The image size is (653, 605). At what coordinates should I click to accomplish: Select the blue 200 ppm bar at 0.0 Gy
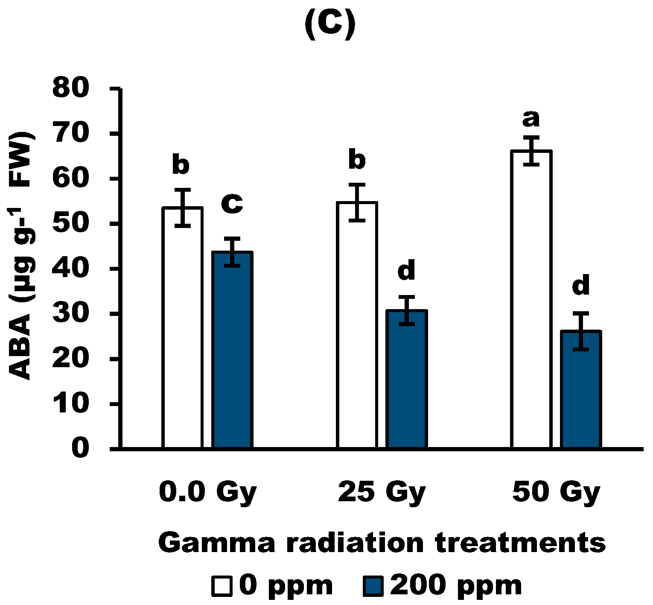tap(233, 350)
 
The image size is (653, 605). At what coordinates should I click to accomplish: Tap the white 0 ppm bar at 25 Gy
tap(357, 325)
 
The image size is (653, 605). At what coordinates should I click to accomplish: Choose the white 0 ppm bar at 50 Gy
tap(531, 299)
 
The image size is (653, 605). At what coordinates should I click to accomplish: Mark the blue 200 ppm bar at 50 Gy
tap(581, 389)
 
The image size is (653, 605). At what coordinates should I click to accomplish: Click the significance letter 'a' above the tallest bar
tap(531, 119)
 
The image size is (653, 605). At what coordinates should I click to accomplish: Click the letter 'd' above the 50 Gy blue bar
tap(581, 285)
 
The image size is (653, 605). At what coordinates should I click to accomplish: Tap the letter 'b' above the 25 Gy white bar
tap(357, 160)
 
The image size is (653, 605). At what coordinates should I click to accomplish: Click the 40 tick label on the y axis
tap(70, 269)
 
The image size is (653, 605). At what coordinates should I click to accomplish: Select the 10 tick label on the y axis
tap(70, 404)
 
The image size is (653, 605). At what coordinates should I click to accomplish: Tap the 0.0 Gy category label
tap(207, 492)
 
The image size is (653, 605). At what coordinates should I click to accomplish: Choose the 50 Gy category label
tap(556, 492)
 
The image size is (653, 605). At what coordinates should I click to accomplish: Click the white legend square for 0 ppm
tap(222, 586)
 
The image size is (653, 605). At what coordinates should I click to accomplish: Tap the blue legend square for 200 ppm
tap(373, 586)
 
